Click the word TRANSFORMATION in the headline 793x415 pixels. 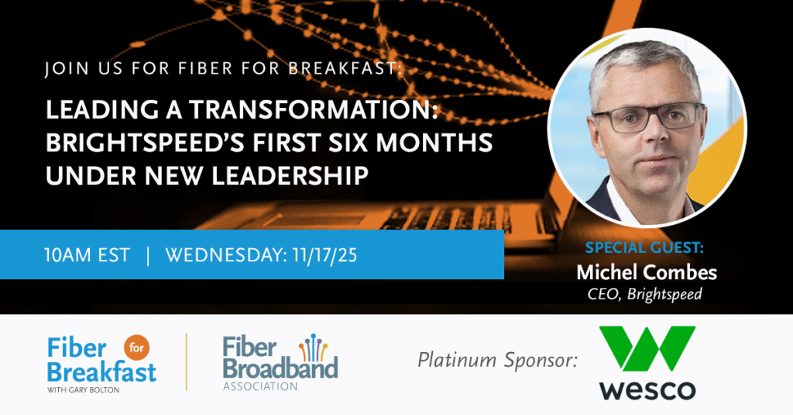coord(313,109)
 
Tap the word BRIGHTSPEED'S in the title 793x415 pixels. coord(144,142)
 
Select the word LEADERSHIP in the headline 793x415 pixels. coord(290,175)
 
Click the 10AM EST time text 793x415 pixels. coord(87,255)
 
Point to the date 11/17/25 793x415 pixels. coord(324,255)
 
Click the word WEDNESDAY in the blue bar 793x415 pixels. coord(227,255)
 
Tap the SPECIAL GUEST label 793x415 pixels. coord(644,247)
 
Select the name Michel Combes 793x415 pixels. coord(647,272)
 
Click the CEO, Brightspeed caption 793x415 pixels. coord(645,295)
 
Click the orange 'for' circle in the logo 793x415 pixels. coord(136,348)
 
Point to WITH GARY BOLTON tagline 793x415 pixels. coord(84,389)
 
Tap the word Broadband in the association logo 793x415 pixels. coord(280,368)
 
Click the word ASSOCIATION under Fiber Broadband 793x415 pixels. coord(260,386)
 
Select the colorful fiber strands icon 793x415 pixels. coord(313,348)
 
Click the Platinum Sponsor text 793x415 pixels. coord(498,360)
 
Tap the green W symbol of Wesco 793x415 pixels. coord(647,348)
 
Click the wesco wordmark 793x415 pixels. coord(647,389)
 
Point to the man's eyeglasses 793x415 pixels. coord(649,117)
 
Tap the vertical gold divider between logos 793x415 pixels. coord(187,361)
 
